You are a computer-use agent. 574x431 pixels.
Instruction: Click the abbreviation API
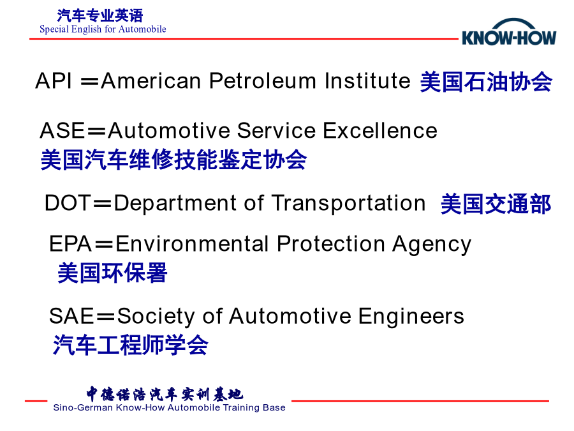[x=54, y=80]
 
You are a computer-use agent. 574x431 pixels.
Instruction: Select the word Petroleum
[x=263, y=80]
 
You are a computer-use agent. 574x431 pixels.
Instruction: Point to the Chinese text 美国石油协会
[x=486, y=82]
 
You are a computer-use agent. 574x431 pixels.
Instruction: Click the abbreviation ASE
[x=63, y=130]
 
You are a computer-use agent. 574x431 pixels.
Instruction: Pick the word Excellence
[x=380, y=130]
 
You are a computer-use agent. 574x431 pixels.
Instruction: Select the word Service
[x=276, y=130]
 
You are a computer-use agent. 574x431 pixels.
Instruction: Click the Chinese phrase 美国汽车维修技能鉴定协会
[x=173, y=160]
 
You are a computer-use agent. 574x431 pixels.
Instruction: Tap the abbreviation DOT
[x=68, y=202]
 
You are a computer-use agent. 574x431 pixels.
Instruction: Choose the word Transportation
[x=348, y=202]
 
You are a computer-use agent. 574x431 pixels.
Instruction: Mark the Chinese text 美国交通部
[x=496, y=204]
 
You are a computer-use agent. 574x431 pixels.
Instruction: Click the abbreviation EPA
[x=70, y=244]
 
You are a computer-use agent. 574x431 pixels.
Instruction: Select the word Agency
[x=432, y=245]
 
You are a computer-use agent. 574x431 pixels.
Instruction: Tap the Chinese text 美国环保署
[x=112, y=273]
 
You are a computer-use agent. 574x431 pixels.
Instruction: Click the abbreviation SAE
[x=71, y=316]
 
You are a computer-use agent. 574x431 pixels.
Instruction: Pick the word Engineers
[x=411, y=317]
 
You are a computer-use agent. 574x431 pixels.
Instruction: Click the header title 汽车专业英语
[x=100, y=16]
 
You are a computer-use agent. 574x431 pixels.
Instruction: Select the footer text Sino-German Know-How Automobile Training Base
[x=169, y=407]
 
